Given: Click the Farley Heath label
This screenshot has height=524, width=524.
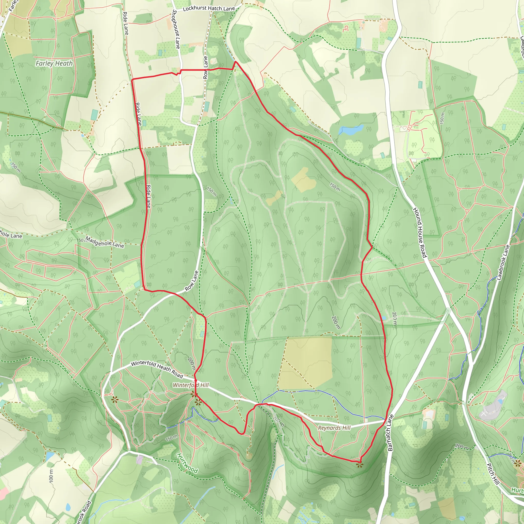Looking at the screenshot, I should [x=54, y=63].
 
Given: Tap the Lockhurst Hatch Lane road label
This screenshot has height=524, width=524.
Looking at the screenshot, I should [x=209, y=9].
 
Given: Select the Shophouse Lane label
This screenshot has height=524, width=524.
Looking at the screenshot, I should [x=176, y=29].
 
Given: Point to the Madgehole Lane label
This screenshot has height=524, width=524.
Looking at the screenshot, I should [x=104, y=242].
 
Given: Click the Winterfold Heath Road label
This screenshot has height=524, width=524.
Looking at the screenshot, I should [x=157, y=370].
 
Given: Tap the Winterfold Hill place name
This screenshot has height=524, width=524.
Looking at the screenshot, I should [x=191, y=385].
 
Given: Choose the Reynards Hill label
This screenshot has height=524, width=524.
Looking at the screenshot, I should [x=334, y=428].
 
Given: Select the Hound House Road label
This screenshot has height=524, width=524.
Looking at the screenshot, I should [x=420, y=232].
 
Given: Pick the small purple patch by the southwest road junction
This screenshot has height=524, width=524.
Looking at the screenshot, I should [x=139, y=460].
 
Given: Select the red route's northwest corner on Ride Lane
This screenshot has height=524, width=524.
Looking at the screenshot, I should [x=132, y=80].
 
